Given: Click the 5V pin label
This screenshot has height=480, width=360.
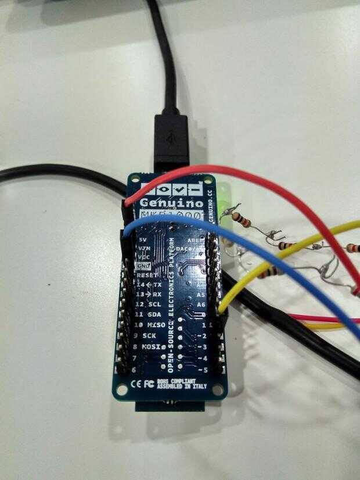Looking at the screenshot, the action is tap(144, 239).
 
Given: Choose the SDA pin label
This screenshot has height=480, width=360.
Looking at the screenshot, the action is tap(154, 315).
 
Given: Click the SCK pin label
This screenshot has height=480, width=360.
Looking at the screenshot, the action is tap(150, 336).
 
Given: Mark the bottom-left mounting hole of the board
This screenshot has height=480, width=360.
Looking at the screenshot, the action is tap(124, 389).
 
